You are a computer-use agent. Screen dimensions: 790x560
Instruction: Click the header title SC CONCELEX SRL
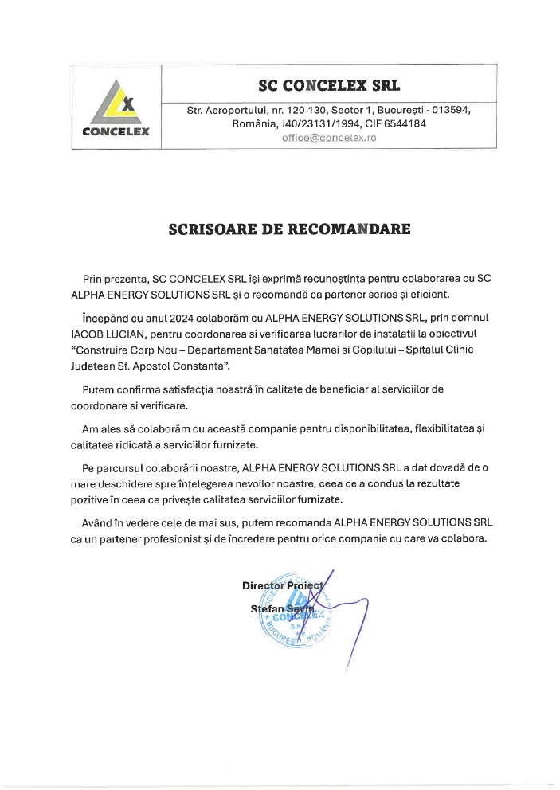click(329, 84)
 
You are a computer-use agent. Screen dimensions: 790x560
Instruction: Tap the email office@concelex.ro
click(329, 138)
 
